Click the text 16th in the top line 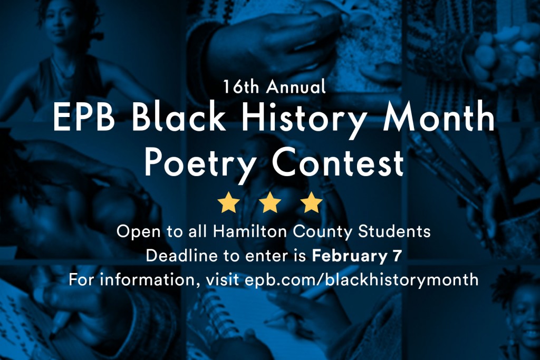point(240,86)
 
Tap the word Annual point(296,86)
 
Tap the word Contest point(338,162)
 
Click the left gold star point(229,203)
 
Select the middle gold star point(270,203)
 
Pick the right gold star point(311,203)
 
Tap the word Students point(394,231)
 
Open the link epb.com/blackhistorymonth point(362,280)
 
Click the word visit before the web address point(223,280)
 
